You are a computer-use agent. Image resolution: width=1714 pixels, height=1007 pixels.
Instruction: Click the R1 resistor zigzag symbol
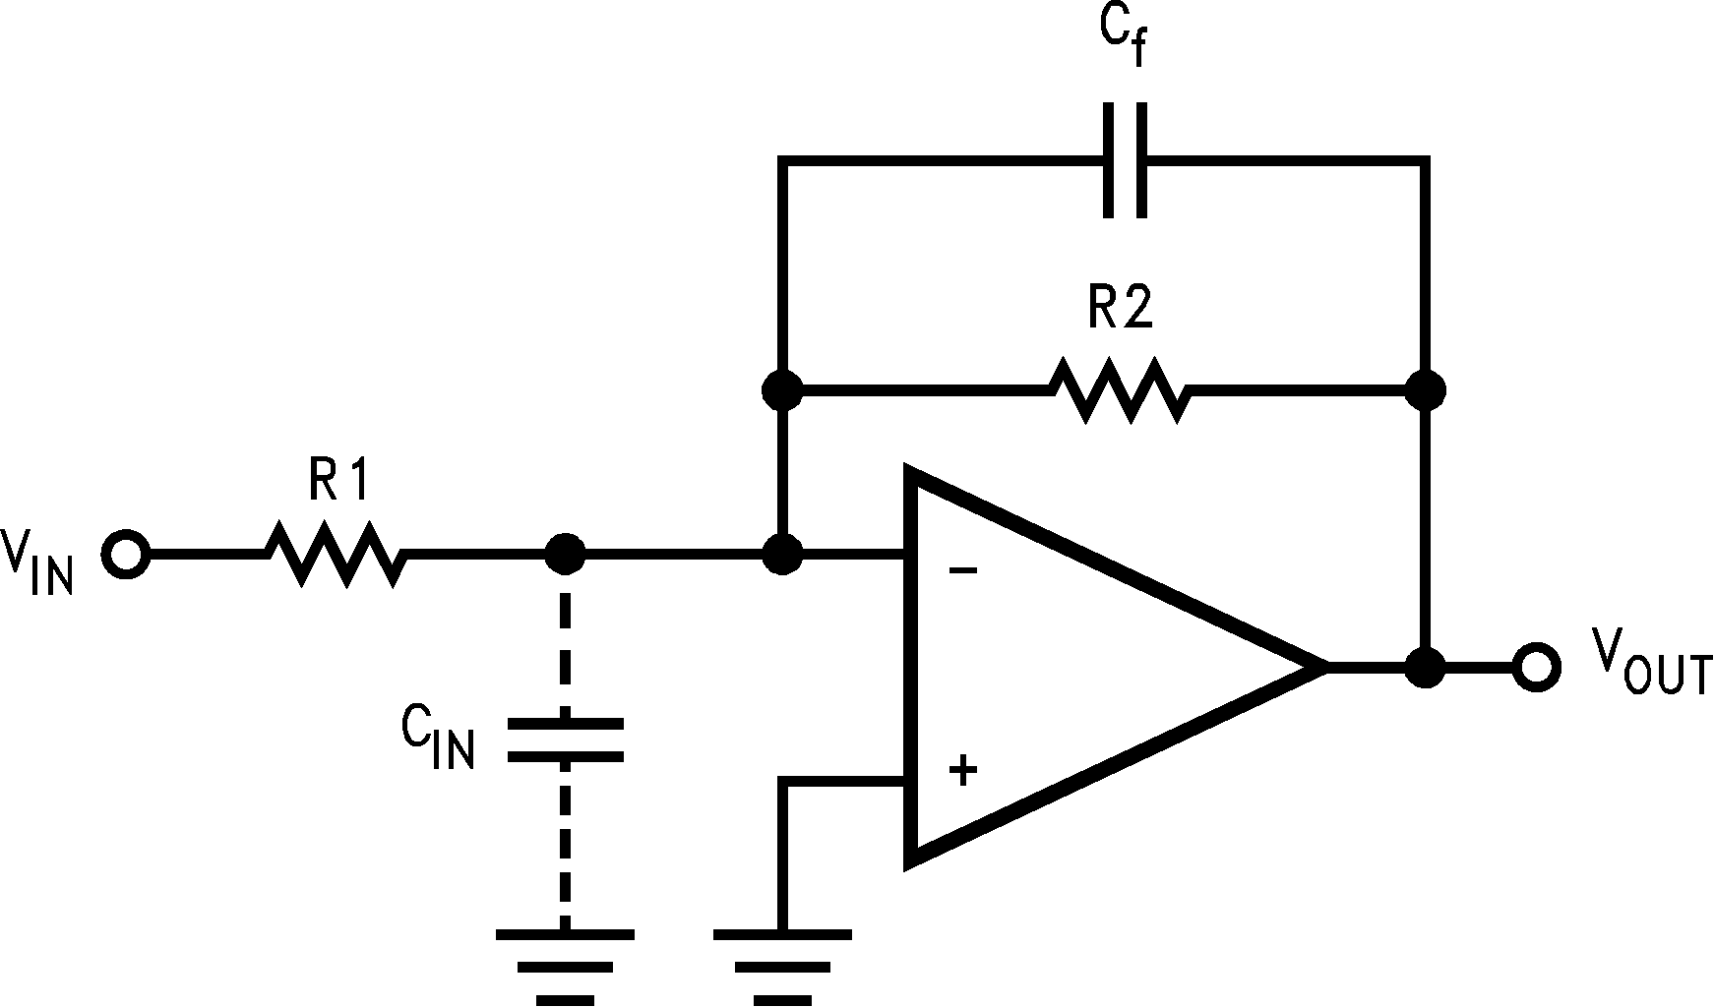click(336, 555)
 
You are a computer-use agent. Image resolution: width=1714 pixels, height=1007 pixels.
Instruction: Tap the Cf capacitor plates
click(1124, 159)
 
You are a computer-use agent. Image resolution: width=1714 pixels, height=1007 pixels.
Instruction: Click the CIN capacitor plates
click(565, 740)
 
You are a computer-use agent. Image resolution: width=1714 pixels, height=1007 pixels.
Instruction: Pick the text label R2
click(1120, 311)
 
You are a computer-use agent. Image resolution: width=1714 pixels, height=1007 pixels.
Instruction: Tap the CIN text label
click(438, 738)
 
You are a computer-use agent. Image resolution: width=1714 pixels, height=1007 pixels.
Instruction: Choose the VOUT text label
click(1651, 663)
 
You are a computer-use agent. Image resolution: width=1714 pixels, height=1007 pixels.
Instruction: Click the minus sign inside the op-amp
click(963, 570)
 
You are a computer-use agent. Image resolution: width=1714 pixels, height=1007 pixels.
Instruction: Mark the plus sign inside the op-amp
click(963, 770)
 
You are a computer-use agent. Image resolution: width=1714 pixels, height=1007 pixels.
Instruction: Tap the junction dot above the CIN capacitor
click(565, 555)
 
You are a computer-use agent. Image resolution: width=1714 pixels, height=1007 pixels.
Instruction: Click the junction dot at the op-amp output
click(1424, 668)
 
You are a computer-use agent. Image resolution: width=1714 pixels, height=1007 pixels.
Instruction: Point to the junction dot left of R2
click(782, 390)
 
